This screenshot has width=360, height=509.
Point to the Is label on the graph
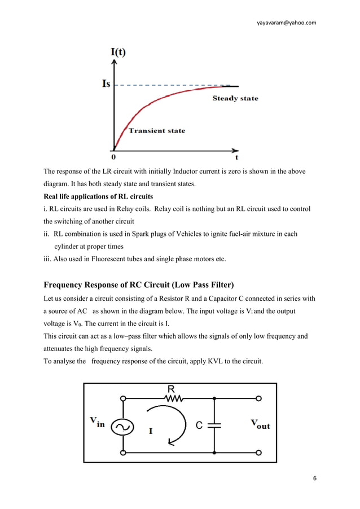[106, 84]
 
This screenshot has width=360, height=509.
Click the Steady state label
[235, 99]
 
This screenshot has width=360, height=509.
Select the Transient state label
[157, 131]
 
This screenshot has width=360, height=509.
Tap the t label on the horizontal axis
[236, 158]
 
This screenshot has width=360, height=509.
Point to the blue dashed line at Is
[169, 85]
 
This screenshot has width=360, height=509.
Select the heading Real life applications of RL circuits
[98, 197]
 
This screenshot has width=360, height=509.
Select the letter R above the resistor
[171, 389]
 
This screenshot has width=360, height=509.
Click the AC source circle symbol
[122, 427]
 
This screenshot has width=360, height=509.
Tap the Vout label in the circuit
[260, 424]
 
